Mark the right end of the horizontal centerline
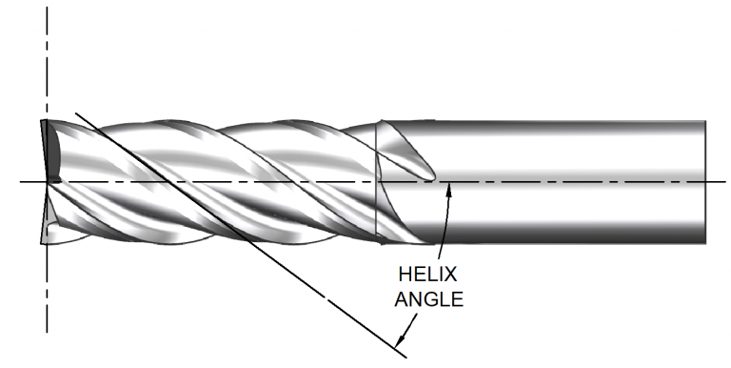tap(726, 181)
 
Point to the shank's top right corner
tap(705, 122)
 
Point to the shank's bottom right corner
tap(705, 240)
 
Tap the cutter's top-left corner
tap(44, 120)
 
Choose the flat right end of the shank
tap(704, 181)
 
